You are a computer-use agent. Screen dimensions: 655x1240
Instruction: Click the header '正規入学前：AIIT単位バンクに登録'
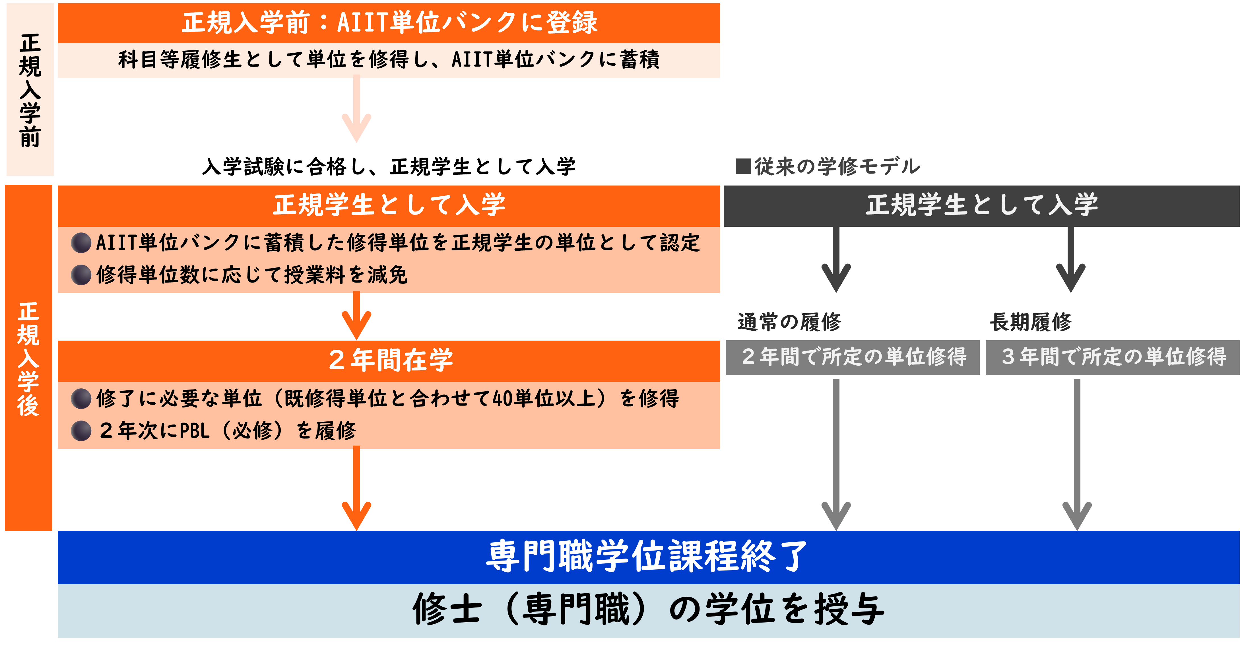point(389,23)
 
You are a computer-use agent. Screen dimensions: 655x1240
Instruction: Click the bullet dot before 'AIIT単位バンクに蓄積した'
point(81,243)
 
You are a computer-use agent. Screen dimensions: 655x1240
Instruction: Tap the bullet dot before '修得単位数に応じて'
point(81,275)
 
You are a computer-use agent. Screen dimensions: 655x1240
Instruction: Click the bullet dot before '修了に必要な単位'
point(81,399)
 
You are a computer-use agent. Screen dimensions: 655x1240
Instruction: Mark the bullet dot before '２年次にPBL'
point(81,431)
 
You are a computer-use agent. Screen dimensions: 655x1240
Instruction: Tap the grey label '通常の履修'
point(789,322)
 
